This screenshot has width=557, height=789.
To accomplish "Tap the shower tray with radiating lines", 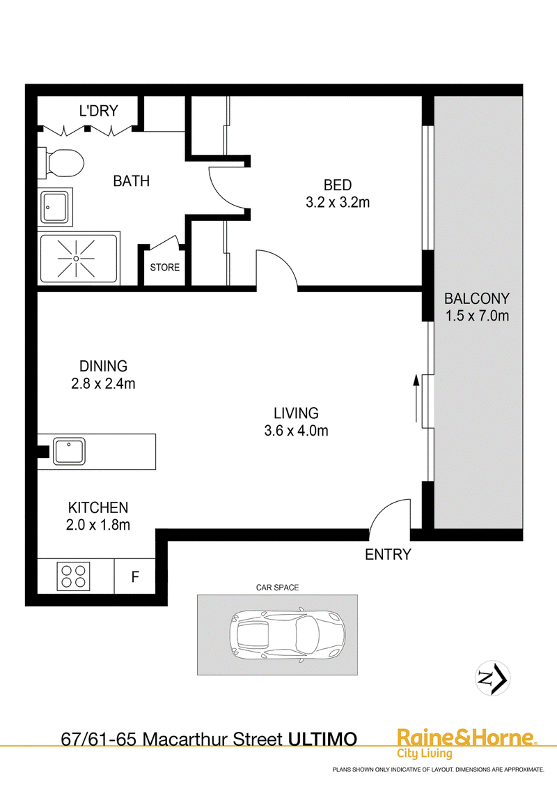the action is (x=79, y=258).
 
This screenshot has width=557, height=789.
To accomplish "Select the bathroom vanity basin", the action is (x=55, y=207).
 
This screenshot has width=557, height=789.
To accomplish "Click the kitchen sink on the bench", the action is (x=70, y=451).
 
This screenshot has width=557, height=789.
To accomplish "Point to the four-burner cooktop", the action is (x=73, y=576).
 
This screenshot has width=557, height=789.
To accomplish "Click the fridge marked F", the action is (x=135, y=576).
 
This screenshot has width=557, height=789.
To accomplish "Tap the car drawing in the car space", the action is (x=287, y=634).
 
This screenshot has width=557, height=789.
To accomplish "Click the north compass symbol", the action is (x=493, y=678).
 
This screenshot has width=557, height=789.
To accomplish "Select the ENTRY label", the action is (x=388, y=555).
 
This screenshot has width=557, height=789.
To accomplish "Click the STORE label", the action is (x=165, y=267).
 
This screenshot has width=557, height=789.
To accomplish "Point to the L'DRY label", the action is (x=99, y=111).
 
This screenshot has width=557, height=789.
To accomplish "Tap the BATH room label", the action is (x=131, y=181).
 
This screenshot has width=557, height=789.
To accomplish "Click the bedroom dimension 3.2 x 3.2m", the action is (x=338, y=202).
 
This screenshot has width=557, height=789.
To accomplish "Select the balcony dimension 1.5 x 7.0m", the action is (x=477, y=316).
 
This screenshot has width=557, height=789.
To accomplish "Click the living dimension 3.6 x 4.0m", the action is (x=296, y=431).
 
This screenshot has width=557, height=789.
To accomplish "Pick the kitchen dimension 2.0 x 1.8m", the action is (x=98, y=525).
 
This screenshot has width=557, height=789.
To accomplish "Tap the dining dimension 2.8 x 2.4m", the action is (x=103, y=383).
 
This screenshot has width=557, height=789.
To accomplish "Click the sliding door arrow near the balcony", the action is (x=416, y=398).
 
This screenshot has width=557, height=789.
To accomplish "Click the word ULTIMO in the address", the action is (x=322, y=740).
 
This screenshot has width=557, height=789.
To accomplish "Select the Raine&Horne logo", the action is (x=467, y=743).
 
